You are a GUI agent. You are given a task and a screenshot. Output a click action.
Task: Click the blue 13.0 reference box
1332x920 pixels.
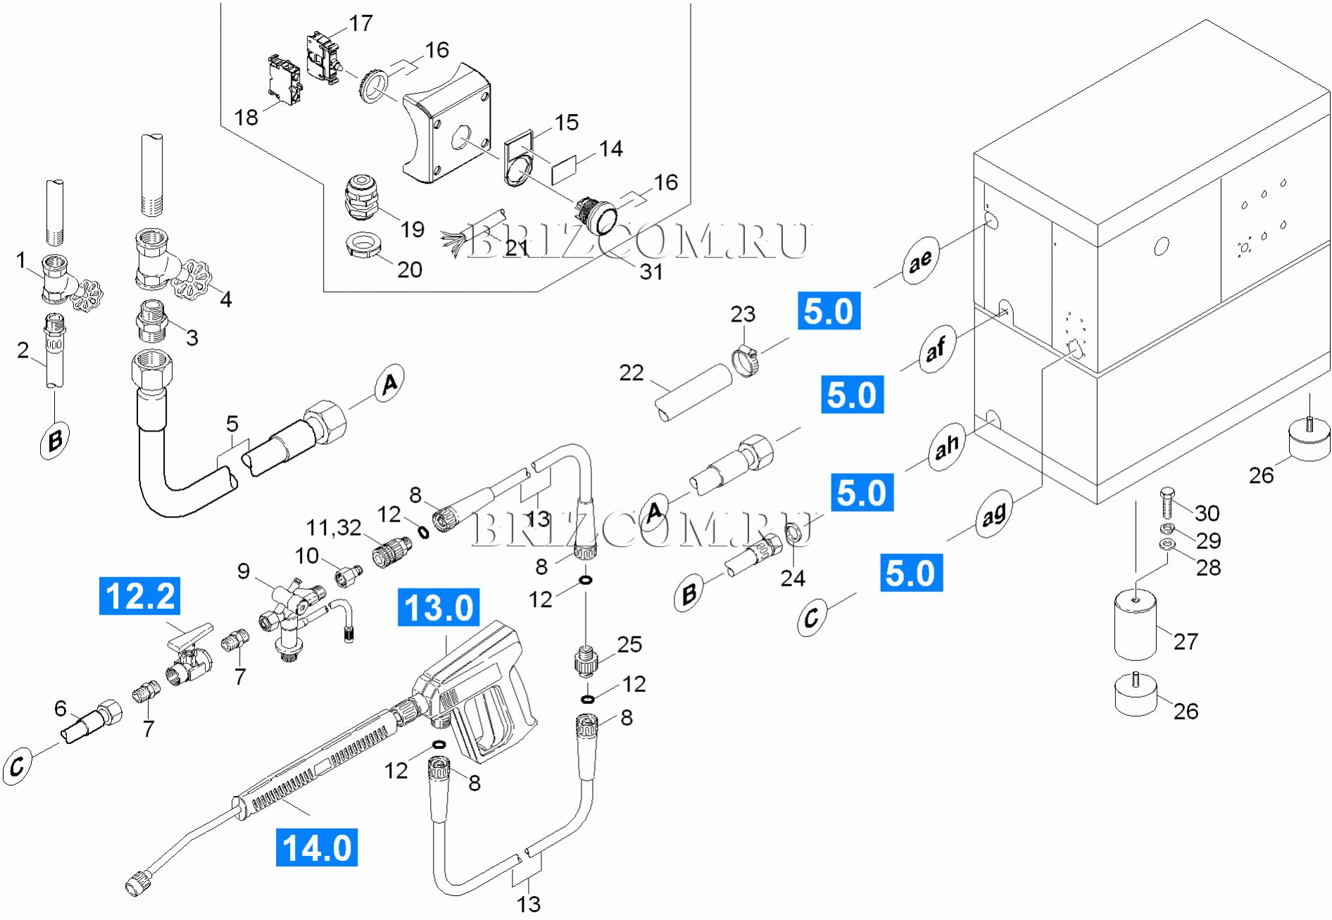[x=439, y=607]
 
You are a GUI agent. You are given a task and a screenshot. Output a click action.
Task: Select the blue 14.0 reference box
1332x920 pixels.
[x=317, y=847]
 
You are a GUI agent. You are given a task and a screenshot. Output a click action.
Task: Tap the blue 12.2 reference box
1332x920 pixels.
[x=139, y=596]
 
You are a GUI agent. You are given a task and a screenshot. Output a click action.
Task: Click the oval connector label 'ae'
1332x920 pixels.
[x=920, y=261]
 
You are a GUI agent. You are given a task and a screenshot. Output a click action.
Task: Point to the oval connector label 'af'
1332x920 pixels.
[x=936, y=348]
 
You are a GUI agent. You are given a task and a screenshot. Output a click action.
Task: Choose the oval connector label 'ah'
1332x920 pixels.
[x=946, y=446]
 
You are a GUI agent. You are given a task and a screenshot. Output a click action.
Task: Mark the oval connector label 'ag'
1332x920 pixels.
[x=993, y=516]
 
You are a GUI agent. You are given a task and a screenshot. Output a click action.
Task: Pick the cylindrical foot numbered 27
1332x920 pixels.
[x=1135, y=624]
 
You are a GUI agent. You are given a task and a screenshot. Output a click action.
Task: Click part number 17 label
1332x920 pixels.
[x=360, y=23]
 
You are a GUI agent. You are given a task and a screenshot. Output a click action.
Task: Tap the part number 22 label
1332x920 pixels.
[x=631, y=372]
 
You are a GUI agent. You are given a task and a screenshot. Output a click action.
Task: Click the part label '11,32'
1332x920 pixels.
[x=334, y=527]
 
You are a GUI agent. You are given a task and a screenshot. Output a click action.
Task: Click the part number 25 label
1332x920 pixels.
[x=629, y=644]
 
